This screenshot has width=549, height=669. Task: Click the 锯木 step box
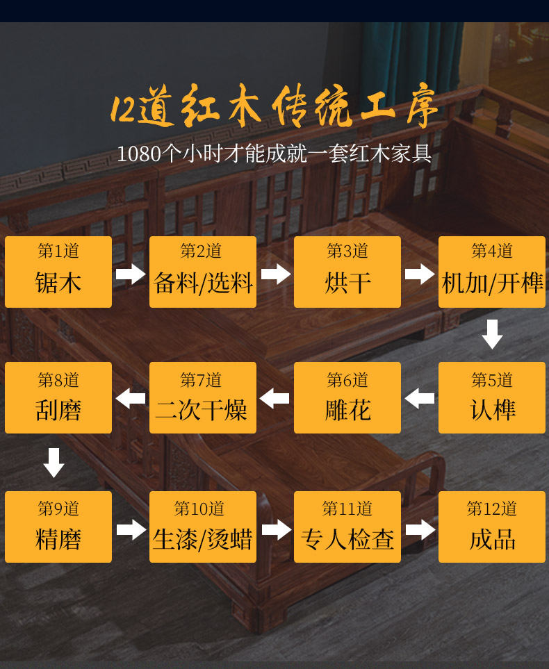pos(58,272)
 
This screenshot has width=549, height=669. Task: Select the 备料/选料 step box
pos(203,272)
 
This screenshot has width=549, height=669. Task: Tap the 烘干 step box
pos(347,272)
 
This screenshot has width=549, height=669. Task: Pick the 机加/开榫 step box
pos(492,272)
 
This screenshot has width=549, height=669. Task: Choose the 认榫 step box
pos(492,397)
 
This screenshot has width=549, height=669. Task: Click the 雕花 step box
pos(347,397)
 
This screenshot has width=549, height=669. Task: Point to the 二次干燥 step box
pos(203,397)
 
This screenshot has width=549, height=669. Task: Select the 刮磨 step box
pos(58,397)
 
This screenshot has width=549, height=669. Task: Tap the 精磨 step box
pos(58,527)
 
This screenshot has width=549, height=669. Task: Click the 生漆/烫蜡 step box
pos(203,527)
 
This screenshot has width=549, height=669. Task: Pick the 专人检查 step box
pos(347,527)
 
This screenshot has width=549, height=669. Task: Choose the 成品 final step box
pos(492,527)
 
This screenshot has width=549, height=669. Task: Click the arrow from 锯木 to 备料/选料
pos(131,273)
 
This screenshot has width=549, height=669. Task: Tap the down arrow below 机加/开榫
pos(492,334)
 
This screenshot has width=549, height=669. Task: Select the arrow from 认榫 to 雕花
pos(420,399)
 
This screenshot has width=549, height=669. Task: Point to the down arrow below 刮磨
pos(54,463)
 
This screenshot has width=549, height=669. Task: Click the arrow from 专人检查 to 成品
pos(420,529)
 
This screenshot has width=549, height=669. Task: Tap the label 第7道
pos(201,380)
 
